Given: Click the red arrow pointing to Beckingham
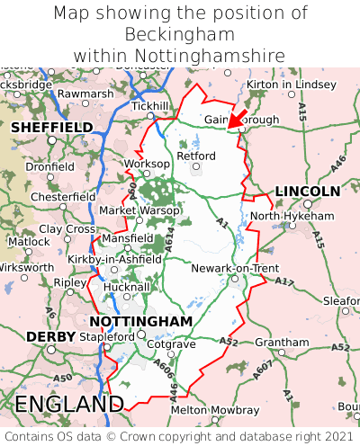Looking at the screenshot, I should pyautogui.click(x=238, y=117).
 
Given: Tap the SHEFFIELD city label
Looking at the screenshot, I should pyautogui.click(x=51, y=128).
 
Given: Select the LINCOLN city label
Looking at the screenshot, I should pyautogui.click(x=307, y=192).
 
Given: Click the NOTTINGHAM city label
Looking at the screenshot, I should pyautogui.click(x=140, y=321).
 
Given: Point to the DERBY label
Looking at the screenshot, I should pyautogui.click(x=44, y=336).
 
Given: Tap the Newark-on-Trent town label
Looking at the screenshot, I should pyautogui.click(x=235, y=268).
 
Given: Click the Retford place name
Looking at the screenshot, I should pyautogui.click(x=197, y=156).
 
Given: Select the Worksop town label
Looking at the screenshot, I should pyautogui.click(x=146, y=164).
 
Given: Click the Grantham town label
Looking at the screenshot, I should pyautogui.click(x=282, y=343).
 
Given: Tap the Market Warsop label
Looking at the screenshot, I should pyautogui.click(x=139, y=210).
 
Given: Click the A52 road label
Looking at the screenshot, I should pyautogui.click(x=229, y=342).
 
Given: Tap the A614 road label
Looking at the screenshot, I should pyautogui.click(x=167, y=238).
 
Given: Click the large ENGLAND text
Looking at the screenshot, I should pyautogui.click(x=69, y=404).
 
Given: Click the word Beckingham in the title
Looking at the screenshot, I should pyautogui.click(x=180, y=34).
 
